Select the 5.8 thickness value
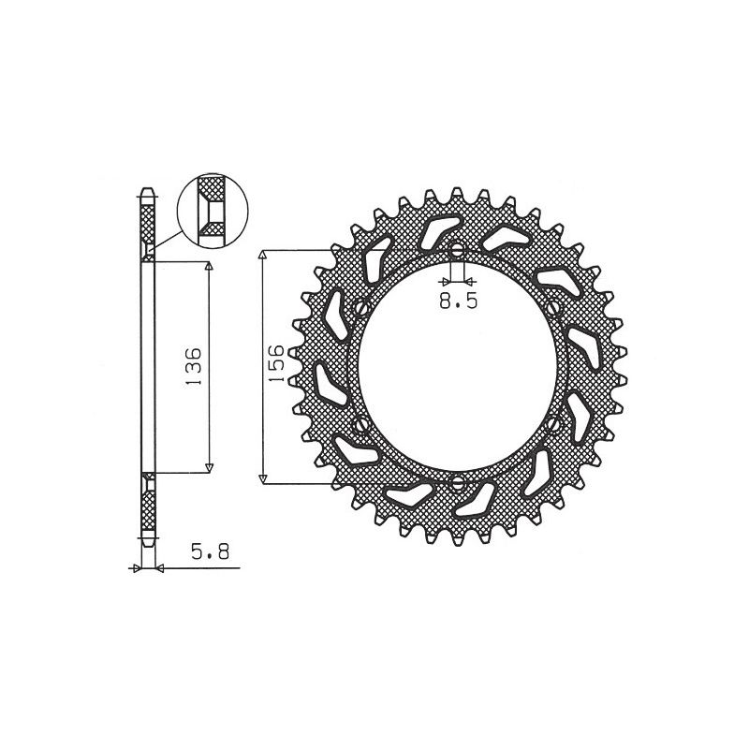204,553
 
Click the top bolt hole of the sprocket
457,252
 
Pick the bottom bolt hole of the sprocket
457,483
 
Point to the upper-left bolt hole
359,308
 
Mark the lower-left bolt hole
359,426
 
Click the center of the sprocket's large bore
457,367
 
